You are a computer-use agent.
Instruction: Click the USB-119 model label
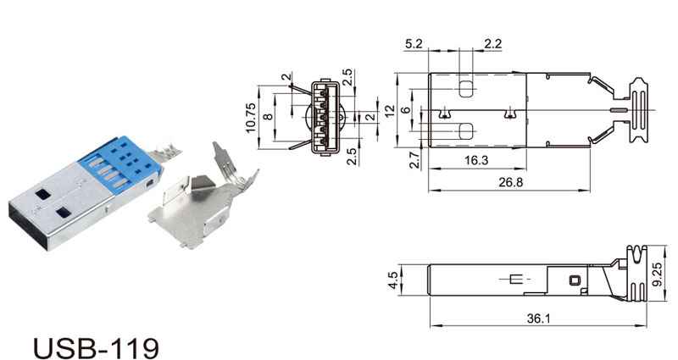96,347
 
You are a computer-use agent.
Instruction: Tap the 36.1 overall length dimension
538,318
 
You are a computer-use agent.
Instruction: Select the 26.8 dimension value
510,182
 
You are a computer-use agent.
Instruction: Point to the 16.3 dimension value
476,160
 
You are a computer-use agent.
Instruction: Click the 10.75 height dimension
251,117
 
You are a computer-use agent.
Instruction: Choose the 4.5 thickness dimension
393,280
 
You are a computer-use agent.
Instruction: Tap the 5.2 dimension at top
414,44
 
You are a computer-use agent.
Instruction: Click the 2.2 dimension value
492,44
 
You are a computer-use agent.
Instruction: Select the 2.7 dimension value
414,160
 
